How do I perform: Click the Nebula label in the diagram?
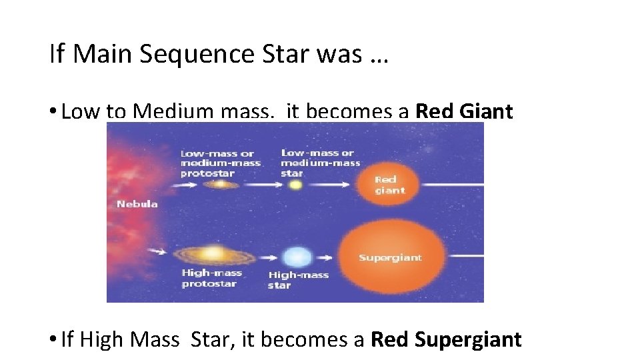[x=137, y=203]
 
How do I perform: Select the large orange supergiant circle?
[x=390, y=257]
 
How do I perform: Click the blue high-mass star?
[x=297, y=257]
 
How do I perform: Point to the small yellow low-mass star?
[x=294, y=185]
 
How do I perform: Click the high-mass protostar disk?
[x=213, y=254]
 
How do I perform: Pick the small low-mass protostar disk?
[x=216, y=185]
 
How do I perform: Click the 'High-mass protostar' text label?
[x=212, y=279]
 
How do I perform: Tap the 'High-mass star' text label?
[x=298, y=280]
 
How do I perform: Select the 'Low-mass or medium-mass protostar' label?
[x=220, y=163]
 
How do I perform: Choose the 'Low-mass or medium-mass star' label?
[x=320, y=163]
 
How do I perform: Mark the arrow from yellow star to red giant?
[x=331, y=185]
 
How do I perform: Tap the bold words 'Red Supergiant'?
[x=446, y=339]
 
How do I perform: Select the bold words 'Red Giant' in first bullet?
[x=464, y=111]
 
